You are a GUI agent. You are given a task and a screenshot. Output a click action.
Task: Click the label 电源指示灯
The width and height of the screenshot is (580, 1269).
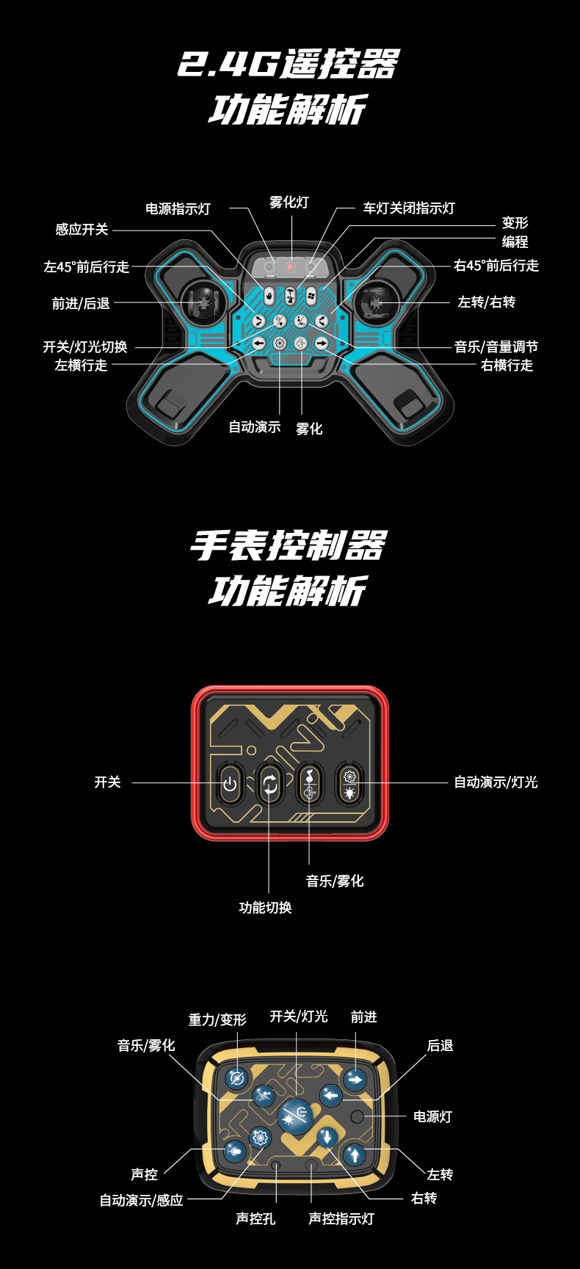pos(178,209)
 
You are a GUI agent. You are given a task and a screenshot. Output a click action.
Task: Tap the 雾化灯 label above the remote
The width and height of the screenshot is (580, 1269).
pos(289,203)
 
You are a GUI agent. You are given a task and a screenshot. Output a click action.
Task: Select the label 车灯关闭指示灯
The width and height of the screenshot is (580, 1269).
pos(409,208)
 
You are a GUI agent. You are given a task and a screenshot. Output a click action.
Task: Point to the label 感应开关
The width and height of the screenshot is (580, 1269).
pos(81,230)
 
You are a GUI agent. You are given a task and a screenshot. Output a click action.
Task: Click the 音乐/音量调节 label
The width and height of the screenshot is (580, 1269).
pos(496,346)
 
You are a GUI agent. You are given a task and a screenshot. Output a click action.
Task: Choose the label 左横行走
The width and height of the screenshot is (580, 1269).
pos(81,365)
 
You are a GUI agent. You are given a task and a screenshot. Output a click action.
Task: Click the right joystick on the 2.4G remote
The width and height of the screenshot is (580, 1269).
pos(377,302)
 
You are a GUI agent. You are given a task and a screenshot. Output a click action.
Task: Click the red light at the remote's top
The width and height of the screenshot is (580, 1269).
pos(291,267)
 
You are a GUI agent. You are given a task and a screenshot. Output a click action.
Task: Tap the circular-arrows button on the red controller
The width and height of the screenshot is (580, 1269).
pos(270,785)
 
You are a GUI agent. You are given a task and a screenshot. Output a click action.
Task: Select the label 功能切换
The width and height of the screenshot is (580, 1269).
pos(265,908)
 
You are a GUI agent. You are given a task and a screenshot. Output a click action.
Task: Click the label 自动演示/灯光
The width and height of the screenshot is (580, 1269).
pos(496,782)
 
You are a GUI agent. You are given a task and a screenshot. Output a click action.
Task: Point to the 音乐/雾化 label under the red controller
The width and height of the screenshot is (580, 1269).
pos(335,881)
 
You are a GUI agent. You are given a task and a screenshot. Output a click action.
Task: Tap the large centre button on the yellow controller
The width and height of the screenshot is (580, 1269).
pos(295,1116)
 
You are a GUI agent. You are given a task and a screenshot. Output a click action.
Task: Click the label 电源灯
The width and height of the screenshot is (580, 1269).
pos(432,1116)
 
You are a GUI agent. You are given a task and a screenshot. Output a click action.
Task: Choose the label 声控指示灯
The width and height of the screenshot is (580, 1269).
pos(341,1218)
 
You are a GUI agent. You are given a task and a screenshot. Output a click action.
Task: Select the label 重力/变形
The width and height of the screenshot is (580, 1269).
pos(217,1019)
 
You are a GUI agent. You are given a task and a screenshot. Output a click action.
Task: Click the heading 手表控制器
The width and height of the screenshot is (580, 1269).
pos(289,546)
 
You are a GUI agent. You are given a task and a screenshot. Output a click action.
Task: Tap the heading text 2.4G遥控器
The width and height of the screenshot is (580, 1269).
pos(289,65)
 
